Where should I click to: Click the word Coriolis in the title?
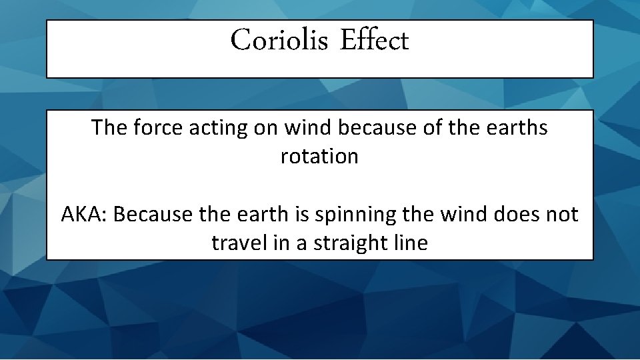point(279,41)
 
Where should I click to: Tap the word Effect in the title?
point(374,41)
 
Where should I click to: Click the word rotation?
point(319,157)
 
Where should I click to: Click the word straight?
point(347,243)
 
